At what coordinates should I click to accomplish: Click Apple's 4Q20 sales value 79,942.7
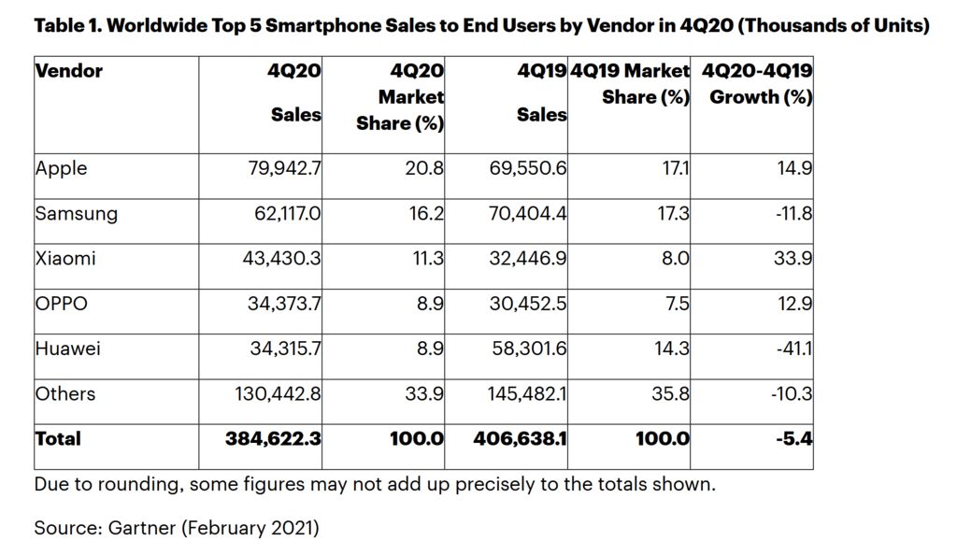click(282, 169)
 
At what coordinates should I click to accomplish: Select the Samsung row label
click(77, 214)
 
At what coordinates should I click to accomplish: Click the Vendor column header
click(69, 71)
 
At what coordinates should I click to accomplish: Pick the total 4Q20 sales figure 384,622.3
click(273, 438)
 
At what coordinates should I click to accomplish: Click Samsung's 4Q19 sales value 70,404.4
click(528, 214)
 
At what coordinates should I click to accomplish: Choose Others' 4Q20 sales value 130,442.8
click(278, 393)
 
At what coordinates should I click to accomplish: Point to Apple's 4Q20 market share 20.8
click(424, 169)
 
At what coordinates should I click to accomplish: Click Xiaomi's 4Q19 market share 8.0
click(675, 259)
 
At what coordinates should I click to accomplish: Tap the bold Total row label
click(58, 438)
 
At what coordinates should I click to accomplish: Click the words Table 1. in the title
click(66, 26)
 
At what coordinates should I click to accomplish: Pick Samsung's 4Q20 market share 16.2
click(425, 214)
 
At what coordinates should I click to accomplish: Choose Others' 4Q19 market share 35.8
click(670, 393)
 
